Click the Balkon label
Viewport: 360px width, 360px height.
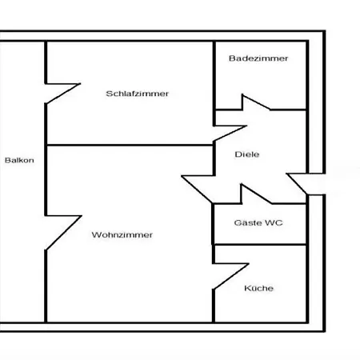click(x=19, y=160)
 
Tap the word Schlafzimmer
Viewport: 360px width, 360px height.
click(x=138, y=94)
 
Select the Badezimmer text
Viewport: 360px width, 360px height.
click(x=258, y=58)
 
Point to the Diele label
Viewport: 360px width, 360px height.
click(x=247, y=154)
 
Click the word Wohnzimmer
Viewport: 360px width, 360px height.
click(x=122, y=235)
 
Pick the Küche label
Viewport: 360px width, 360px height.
click(x=258, y=288)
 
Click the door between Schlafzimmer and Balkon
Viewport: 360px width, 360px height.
click(x=63, y=93)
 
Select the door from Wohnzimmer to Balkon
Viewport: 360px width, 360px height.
click(x=63, y=232)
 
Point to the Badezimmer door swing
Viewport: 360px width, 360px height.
click(x=255, y=102)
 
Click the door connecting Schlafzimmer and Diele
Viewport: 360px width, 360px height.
click(x=230, y=133)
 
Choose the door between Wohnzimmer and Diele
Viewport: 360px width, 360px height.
click(x=198, y=189)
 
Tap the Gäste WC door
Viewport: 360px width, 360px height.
click(x=256, y=194)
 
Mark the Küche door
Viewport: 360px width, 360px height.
click(x=230, y=276)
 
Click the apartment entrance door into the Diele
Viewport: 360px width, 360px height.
click(x=297, y=184)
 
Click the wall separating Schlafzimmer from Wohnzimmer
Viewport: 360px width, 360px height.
click(x=130, y=145)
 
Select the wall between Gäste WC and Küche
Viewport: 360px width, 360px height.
click(x=260, y=244)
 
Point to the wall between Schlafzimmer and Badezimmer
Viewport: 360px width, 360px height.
click(x=214, y=83)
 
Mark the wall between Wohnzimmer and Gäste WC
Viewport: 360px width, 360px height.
click(x=213, y=224)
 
